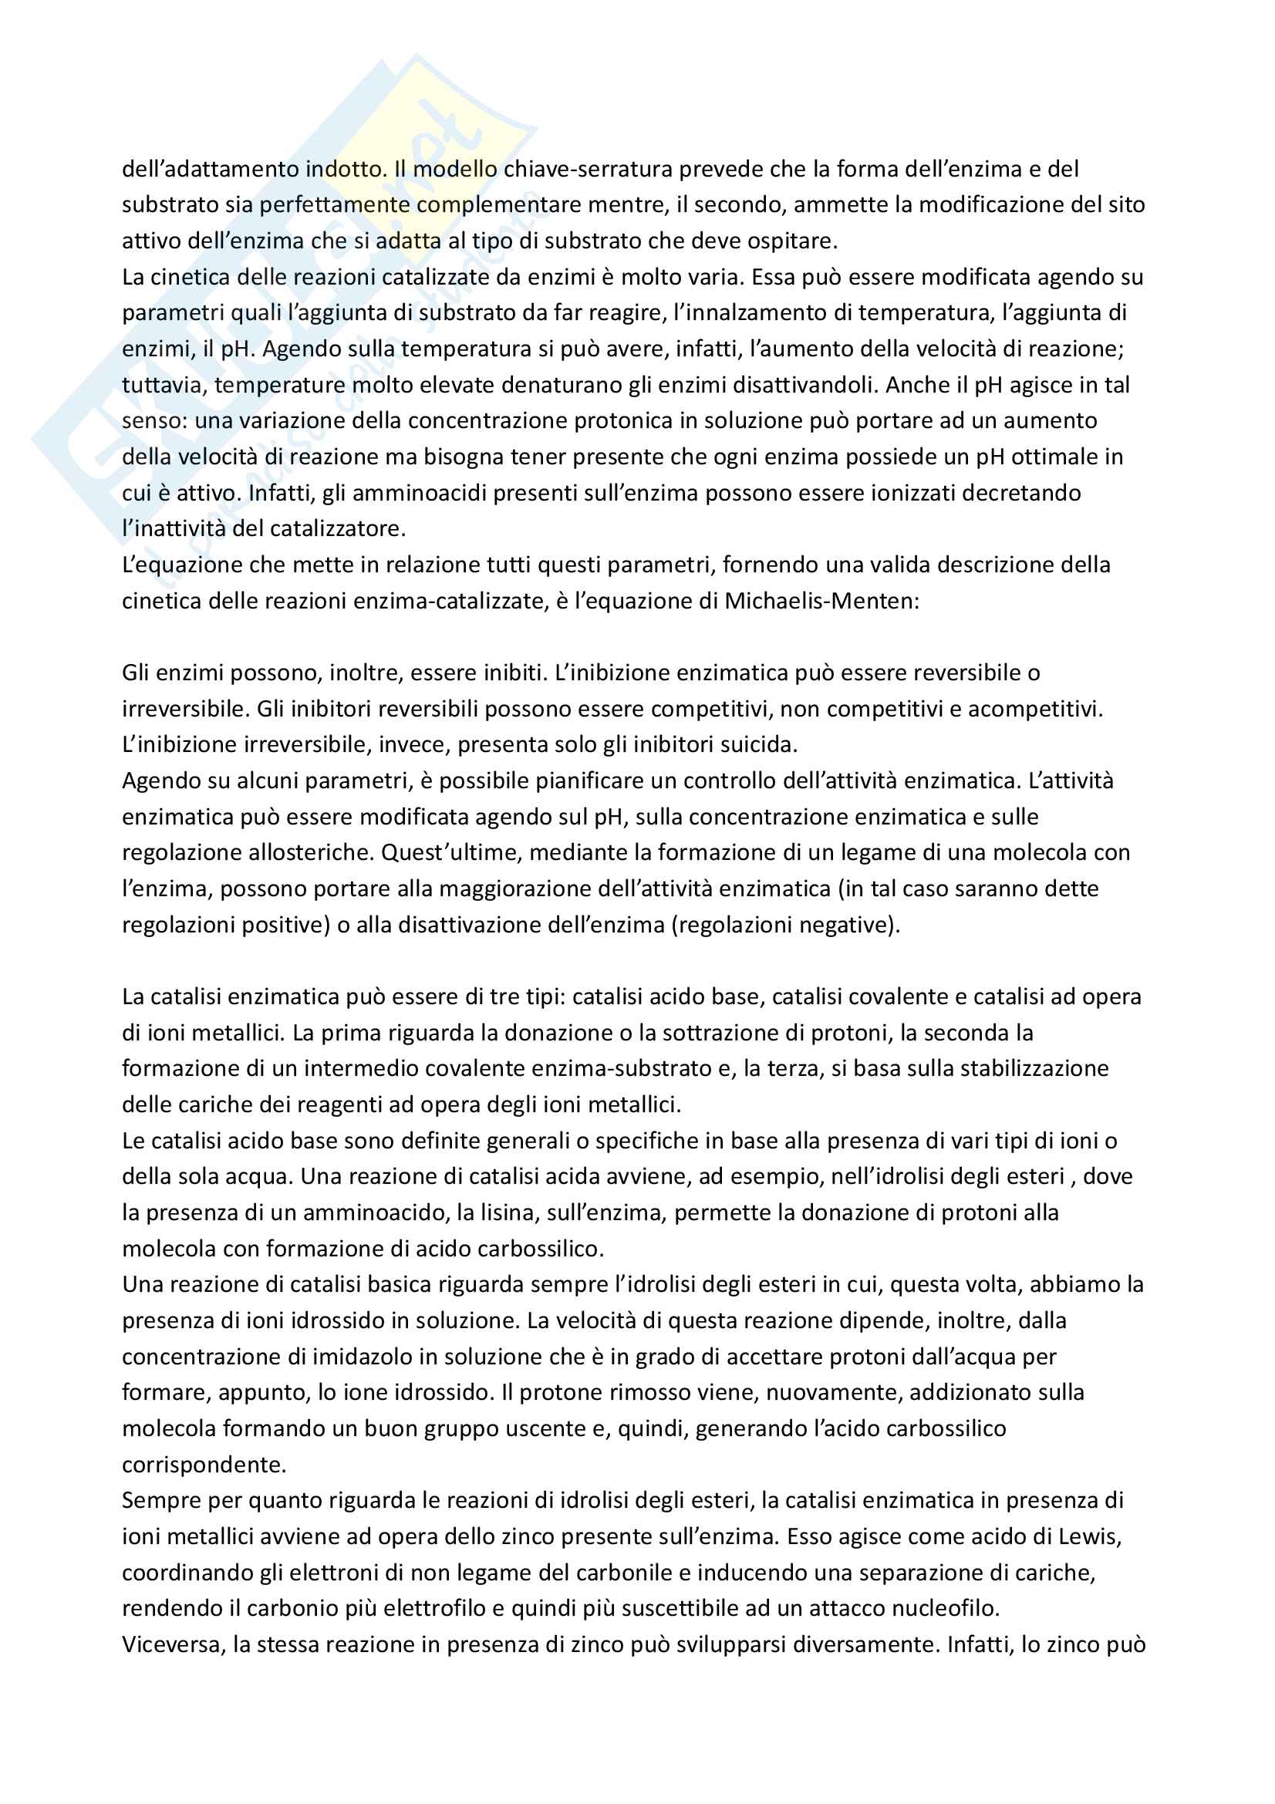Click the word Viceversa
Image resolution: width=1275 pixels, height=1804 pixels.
170,1644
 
